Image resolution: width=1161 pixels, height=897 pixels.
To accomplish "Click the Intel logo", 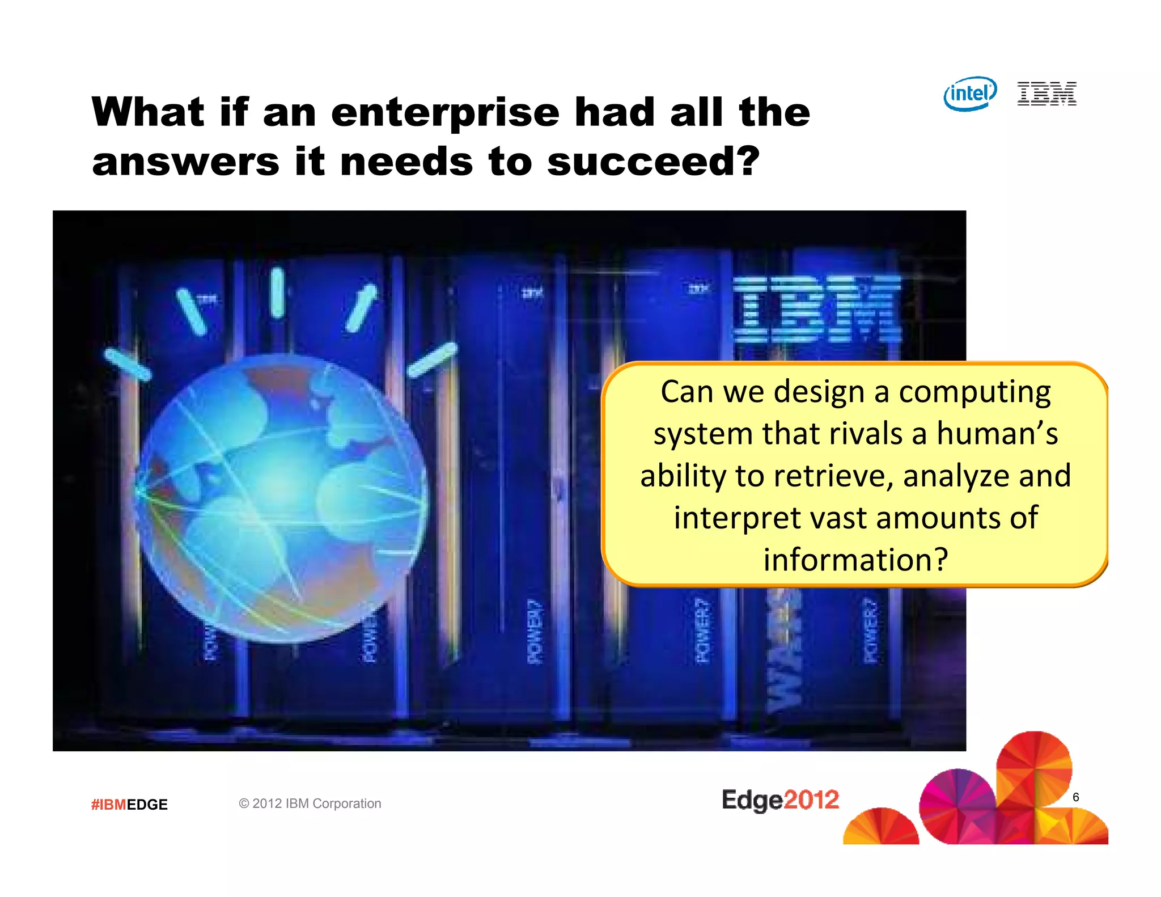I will pos(970,94).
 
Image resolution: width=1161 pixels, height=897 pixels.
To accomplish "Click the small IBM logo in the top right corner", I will pos(1046,94).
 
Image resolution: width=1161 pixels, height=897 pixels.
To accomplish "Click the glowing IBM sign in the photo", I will pos(816,309).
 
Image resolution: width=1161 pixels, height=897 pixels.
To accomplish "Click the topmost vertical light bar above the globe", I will pos(277,293).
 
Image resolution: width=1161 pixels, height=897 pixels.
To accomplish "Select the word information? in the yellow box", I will pos(855,560).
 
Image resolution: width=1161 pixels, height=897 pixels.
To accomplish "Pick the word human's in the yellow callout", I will pos(997,434).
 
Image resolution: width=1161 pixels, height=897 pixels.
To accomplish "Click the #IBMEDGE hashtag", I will pos(129,805).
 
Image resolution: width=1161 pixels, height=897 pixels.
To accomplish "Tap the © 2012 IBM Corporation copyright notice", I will pos(310,803).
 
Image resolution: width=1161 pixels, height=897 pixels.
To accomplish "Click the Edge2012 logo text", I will pos(780,799).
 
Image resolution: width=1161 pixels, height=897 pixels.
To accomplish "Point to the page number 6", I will pos(1075,797).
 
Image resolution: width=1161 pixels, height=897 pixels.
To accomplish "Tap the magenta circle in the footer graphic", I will pos(957,805).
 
